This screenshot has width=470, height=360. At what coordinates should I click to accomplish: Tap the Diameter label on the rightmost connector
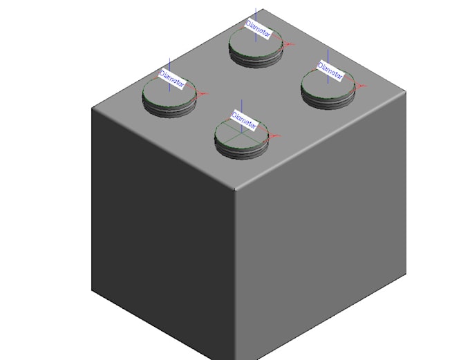[x=330, y=70]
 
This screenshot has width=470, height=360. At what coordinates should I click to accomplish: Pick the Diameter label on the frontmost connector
[x=245, y=120]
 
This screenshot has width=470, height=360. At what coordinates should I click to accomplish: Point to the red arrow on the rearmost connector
[x=289, y=44]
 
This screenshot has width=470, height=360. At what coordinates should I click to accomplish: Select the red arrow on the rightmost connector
[x=359, y=85]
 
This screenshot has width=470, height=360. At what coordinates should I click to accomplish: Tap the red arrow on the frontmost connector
[x=274, y=135]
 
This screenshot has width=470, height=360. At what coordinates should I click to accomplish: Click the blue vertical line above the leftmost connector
[x=171, y=64]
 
